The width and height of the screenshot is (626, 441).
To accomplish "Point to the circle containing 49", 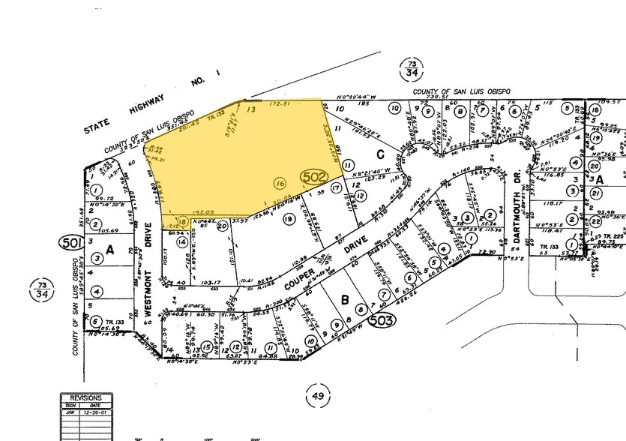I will click(x=319, y=396).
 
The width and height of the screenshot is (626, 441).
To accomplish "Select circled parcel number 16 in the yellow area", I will click(x=280, y=182).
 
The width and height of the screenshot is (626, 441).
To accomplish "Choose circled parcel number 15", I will click(x=195, y=349).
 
